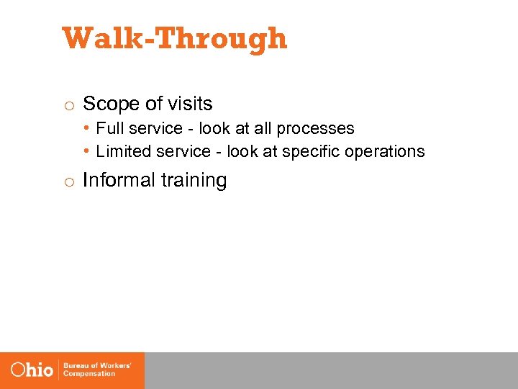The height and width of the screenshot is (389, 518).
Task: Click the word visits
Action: [190, 104]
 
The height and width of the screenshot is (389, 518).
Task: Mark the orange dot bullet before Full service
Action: [86, 128]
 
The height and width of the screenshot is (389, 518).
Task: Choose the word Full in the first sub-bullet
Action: [108, 128]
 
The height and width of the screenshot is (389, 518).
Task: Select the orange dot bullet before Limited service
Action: [86, 151]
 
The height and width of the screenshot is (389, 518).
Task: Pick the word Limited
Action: [122, 151]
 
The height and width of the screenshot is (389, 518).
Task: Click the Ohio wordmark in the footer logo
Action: [32, 370]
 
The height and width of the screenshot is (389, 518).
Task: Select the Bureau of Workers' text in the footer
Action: [97, 366]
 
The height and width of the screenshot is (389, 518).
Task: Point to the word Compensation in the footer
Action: [90, 375]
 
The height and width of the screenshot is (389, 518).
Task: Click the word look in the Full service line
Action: [215, 128]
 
